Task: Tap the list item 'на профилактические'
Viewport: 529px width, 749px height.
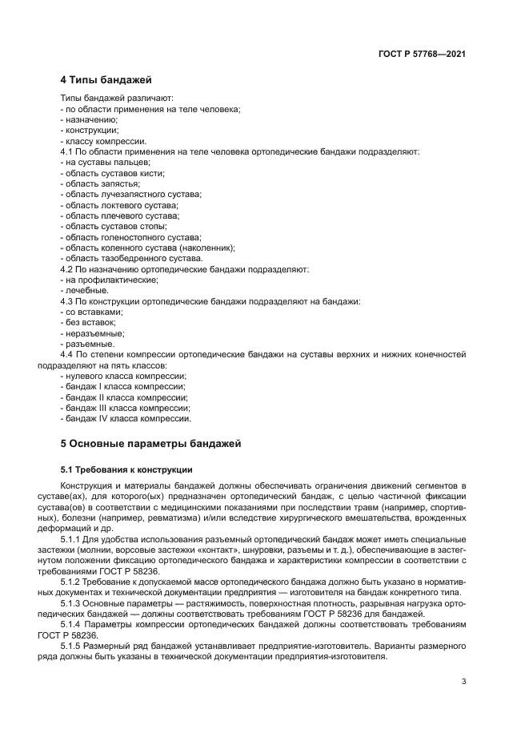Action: tap(111, 280)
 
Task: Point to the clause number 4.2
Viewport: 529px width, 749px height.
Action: tap(67, 269)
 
